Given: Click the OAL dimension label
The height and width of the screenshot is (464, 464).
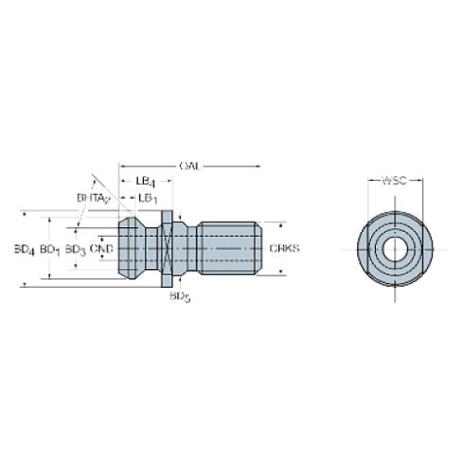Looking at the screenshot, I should pos(190,167).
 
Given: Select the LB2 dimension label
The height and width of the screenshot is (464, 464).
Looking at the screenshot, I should pos(145,179).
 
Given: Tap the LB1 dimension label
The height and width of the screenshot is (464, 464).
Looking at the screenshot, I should pos(149,197).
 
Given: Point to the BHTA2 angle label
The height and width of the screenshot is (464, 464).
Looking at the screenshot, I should pos(92,197).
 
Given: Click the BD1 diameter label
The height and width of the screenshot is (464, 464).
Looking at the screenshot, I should pos(49,249).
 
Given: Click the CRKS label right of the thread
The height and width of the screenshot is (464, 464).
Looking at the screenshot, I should pos(285,249).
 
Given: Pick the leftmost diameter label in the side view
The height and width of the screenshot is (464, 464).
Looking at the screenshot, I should pos(23,249).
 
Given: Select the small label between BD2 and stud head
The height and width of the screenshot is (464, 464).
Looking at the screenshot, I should pos(106,249).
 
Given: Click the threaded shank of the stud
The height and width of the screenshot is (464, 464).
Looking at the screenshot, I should pos(227,248).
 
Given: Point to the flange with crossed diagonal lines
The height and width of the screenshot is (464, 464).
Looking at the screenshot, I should pos(168,249).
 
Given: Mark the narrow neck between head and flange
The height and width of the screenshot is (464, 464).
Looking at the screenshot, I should pos(151,248).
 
